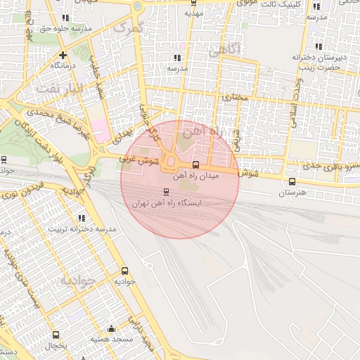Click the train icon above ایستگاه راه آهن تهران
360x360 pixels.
[166, 191]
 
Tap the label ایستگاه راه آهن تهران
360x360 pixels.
[167, 202]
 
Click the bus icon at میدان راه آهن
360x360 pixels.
[195, 166]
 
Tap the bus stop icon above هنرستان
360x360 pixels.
[292, 181]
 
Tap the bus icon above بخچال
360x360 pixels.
[56, 335]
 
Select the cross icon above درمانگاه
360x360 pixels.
[63, 54]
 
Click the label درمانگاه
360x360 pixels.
[63, 65]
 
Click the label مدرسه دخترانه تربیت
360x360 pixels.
[77, 230]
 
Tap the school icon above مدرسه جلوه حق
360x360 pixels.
[65, 18]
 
